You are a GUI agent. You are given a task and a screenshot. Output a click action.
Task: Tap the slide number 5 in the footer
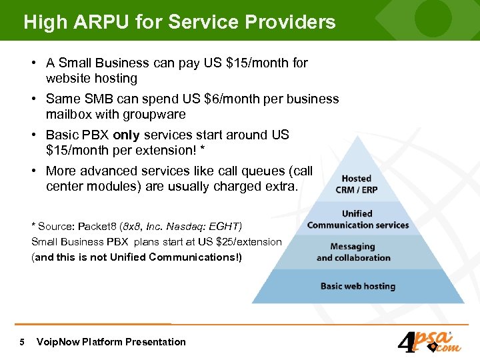click(23, 342)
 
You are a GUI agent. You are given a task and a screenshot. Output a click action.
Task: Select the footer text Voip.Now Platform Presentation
click(111, 342)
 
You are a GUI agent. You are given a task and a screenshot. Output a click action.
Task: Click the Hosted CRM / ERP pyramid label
click(356, 184)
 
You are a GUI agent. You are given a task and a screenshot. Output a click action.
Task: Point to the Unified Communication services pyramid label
click(358, 219)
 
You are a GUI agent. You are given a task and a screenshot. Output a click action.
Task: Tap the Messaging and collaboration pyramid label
click(353, 252)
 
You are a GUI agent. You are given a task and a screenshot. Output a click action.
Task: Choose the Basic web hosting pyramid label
click(358, 286)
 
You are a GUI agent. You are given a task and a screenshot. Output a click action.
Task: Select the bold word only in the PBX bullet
click(126, 135)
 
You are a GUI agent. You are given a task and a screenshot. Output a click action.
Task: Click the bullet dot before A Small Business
click(33, 63)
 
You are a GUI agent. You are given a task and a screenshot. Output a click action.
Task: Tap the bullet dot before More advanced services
click(33, 171)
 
